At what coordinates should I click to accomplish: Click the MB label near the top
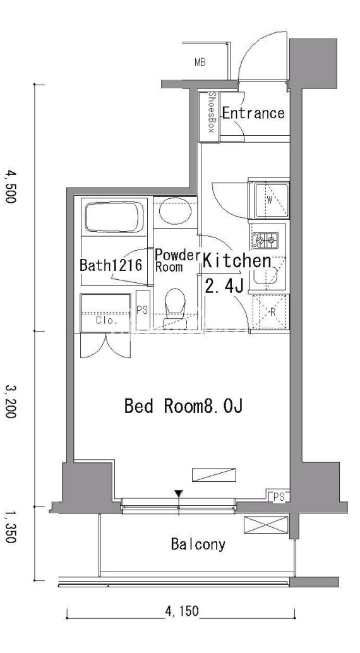point(200,63)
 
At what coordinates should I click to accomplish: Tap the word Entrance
point(253,113)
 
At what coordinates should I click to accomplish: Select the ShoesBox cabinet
point(209,117)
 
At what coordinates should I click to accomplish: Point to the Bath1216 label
point(111,265)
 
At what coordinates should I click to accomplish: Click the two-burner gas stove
point(265,239)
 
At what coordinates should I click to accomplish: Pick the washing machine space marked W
point(270,200)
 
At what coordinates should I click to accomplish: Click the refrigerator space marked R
point(271,312)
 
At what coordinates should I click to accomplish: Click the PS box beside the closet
point(143,310)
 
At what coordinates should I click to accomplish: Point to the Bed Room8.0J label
point(183,405)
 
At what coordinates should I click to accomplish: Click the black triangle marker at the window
point(179,494)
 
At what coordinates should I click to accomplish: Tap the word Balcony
point(198,544)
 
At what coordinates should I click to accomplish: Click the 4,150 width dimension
point(182,611)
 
